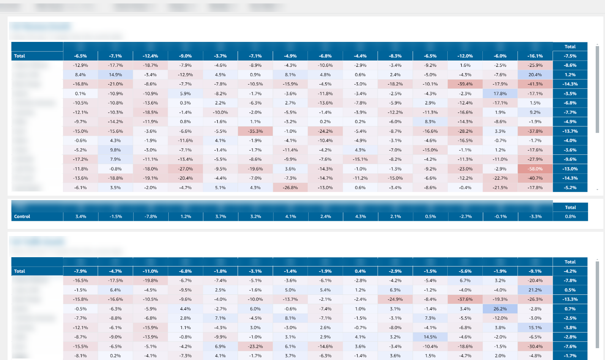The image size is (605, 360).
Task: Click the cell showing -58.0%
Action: point(535,169)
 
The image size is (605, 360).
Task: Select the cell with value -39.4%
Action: point(465,84)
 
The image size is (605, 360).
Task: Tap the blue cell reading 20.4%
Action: point(535,75)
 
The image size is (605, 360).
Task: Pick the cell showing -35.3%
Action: point(255,131)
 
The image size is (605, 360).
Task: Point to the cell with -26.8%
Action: point(290,187)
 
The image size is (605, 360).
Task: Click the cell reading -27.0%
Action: point(185,169)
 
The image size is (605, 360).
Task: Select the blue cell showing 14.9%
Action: point(115,75)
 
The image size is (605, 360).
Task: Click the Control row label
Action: point(22,217)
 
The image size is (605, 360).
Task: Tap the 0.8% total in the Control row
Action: point(570,217)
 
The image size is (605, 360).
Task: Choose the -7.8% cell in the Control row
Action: point(151,217)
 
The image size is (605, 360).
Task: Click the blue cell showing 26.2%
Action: point(500,309)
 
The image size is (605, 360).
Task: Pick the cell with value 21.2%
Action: point(535,290)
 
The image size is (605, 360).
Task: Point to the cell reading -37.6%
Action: point(465,300)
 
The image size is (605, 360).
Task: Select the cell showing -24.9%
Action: point(395,300)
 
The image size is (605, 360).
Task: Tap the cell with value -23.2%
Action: point(255,346)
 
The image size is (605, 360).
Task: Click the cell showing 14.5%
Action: point(430,337)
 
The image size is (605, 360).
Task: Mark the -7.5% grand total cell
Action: point(570,56)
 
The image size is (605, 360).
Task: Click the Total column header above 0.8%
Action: point(570,207)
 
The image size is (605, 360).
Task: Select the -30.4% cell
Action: point(535,346)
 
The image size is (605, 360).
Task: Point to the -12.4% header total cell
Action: point(150,56)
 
